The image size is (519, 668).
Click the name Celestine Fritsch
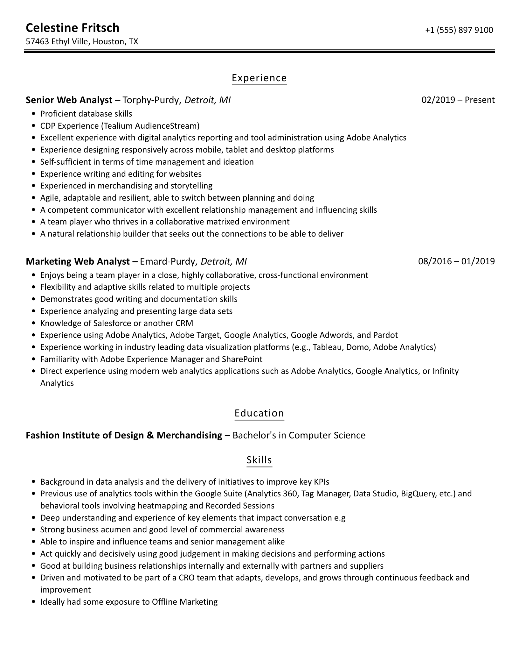click(73, 28)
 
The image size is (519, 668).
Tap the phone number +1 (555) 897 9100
click(459, 30)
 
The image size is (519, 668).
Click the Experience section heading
click(259, 78)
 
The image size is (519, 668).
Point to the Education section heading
click(259, 413)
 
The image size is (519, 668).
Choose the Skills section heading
click(259, 460)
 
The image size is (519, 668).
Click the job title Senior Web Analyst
click(69, 100)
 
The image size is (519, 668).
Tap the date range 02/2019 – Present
click(458, 100)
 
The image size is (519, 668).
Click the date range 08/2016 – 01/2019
click(456, 261)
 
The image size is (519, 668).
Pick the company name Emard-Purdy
click(168, 261)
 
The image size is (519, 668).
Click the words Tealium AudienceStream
click(150, 126)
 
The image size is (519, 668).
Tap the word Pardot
click(385, 335)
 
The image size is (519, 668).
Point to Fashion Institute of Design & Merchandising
click(124, 435)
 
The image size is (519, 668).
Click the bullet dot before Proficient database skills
click(34, 114)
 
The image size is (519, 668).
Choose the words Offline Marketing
click(184, 602)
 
